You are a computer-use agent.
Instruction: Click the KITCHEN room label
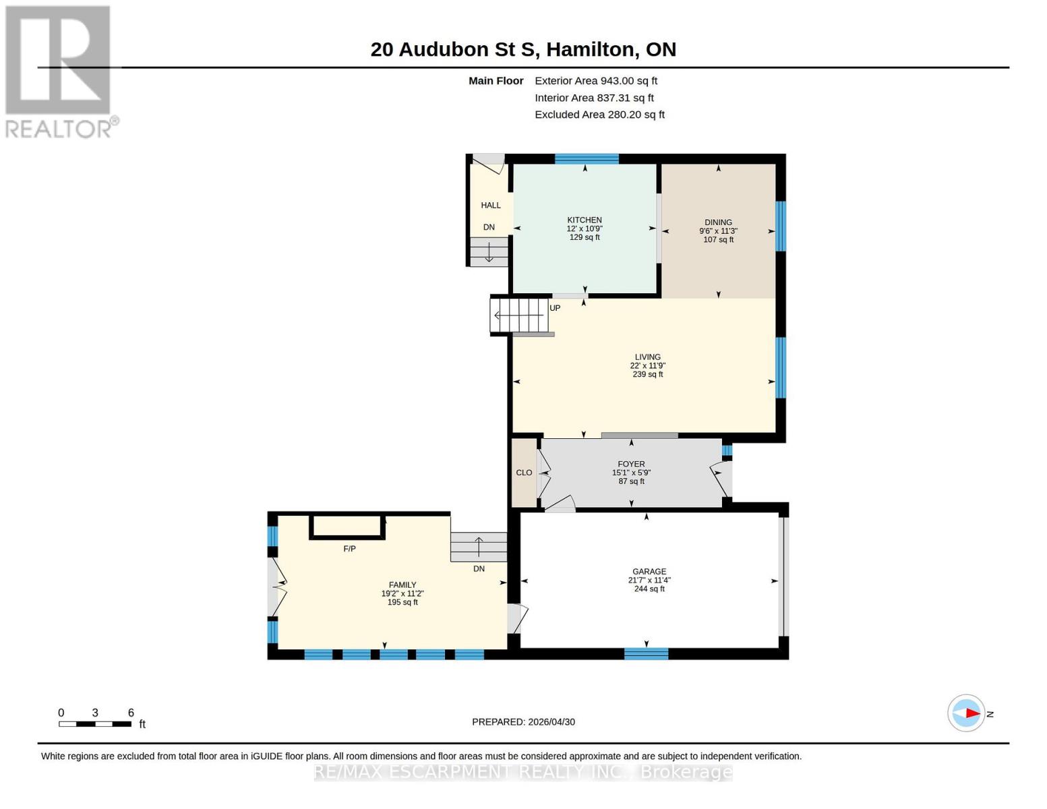coord(584,220)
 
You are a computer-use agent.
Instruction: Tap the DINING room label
coord(718,222)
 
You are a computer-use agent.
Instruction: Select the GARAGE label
coord(649,572)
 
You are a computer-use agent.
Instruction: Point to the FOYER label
coord(631,464)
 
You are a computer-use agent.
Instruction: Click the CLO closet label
coord(524,473)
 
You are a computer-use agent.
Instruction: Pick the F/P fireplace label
coord(349,549)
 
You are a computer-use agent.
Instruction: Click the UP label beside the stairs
coord(555,308)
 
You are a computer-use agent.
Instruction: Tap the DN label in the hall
coord(489,227)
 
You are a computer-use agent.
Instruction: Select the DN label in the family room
coord(479,569)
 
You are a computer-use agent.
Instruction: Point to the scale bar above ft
coord(95,724)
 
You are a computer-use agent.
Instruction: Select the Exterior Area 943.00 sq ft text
coord(596,81)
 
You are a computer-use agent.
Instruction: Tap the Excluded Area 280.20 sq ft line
coord(599,115)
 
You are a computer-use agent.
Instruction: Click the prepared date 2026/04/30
coord(551,722)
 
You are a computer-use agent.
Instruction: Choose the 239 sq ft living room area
coord(648,374)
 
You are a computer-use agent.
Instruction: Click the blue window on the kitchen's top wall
coord(587,159)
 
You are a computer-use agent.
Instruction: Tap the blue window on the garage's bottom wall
coord(646,654)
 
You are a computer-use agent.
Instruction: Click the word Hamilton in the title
coord(590,49)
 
